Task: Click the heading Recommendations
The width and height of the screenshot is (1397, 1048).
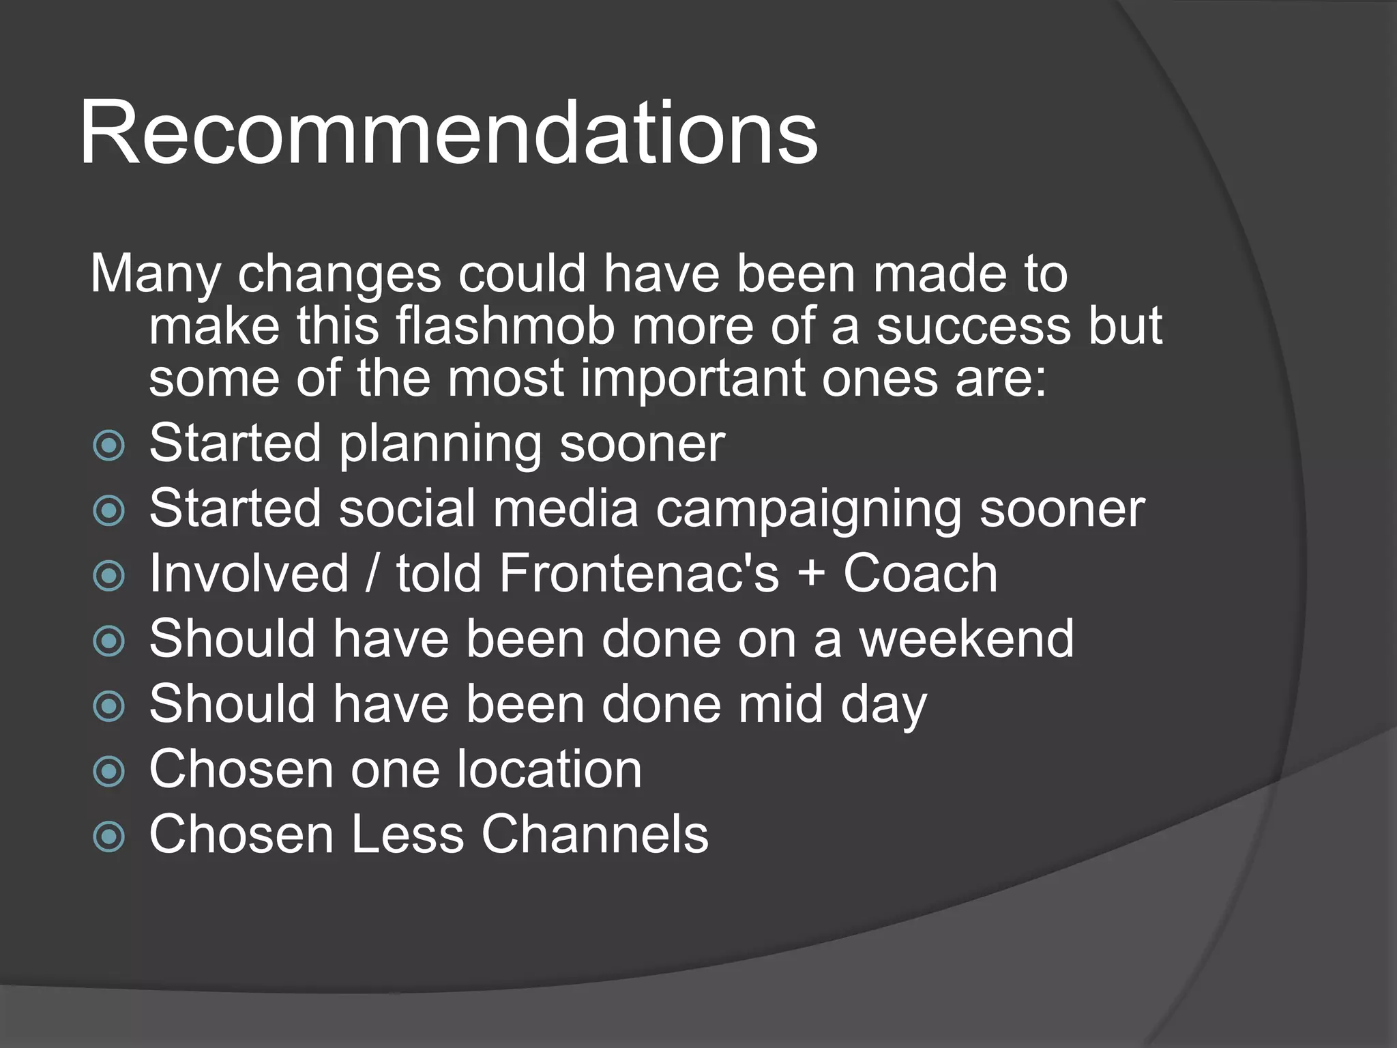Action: coord(448,133)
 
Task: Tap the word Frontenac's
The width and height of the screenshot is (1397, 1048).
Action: coord(638,573)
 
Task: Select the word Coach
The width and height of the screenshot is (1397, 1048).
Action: coord(920,573)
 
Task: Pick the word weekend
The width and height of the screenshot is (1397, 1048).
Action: coord(966,639)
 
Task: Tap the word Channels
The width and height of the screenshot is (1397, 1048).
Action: coord(595,834)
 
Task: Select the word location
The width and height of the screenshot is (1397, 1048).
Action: coord(549,769)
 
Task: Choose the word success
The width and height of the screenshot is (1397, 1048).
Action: coord(973,326)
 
